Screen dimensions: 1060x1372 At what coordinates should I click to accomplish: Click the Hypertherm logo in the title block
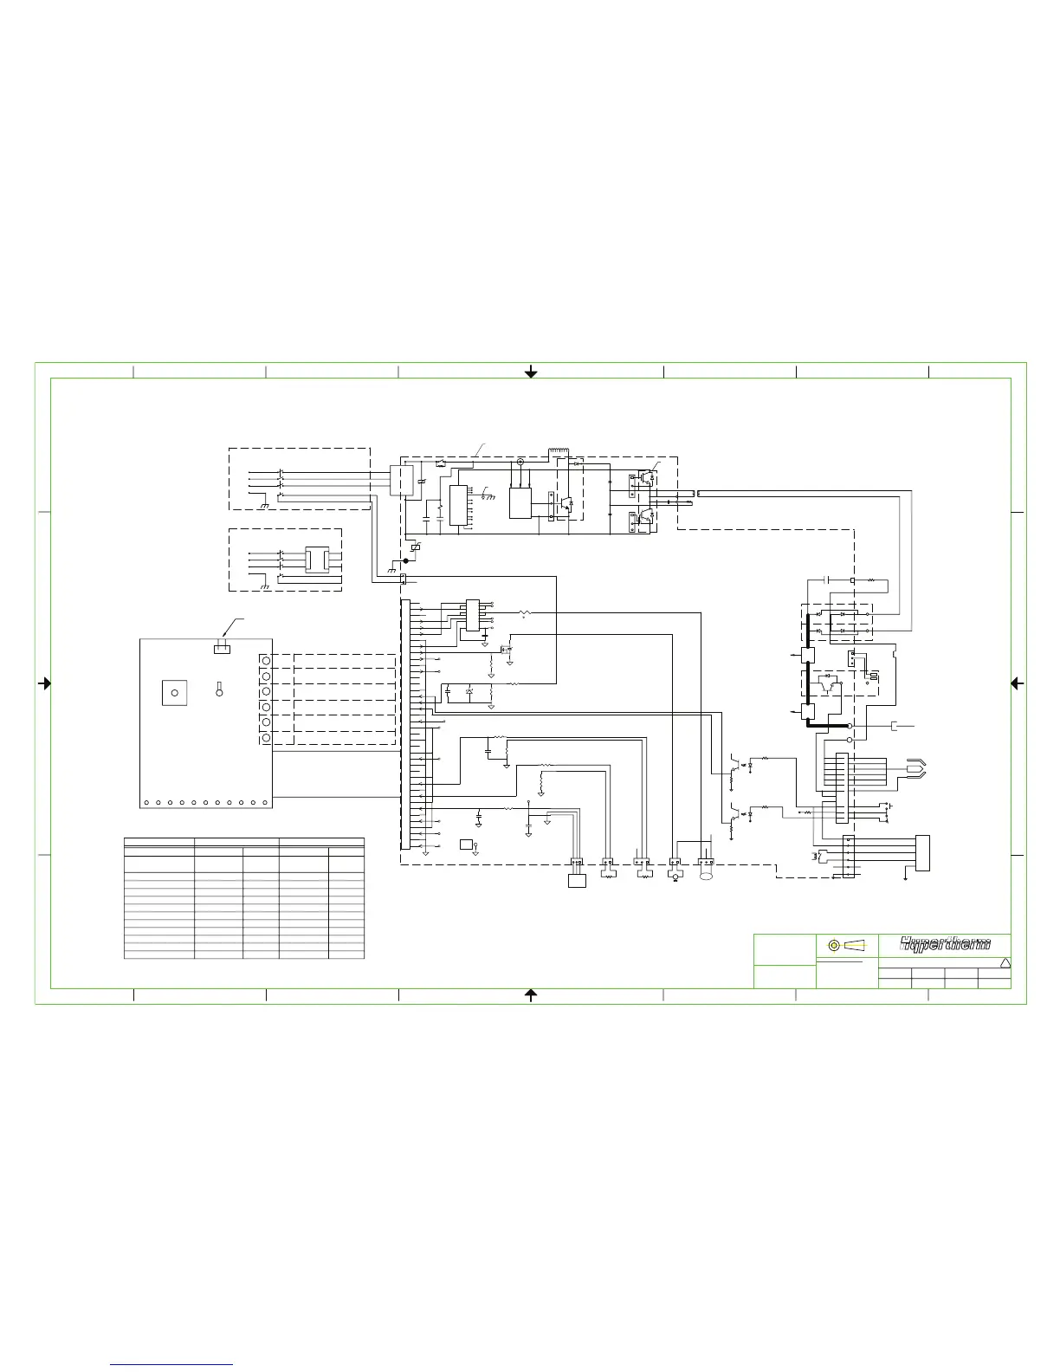pos(945,945)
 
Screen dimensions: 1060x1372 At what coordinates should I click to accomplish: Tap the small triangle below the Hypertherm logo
pos(1005,963)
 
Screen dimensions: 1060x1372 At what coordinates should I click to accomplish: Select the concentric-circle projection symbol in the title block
pos(834,945)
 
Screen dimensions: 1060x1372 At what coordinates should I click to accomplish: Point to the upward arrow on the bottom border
pos(531,995)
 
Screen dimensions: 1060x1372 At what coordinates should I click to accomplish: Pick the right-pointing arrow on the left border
pos(44,683)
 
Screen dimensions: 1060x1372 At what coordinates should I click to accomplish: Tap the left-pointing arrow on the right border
pos(1017,683)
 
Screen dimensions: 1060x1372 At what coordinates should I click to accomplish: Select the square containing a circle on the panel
pos(174,693)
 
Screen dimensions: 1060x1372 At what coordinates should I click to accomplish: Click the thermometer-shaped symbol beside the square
pos(220,689)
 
